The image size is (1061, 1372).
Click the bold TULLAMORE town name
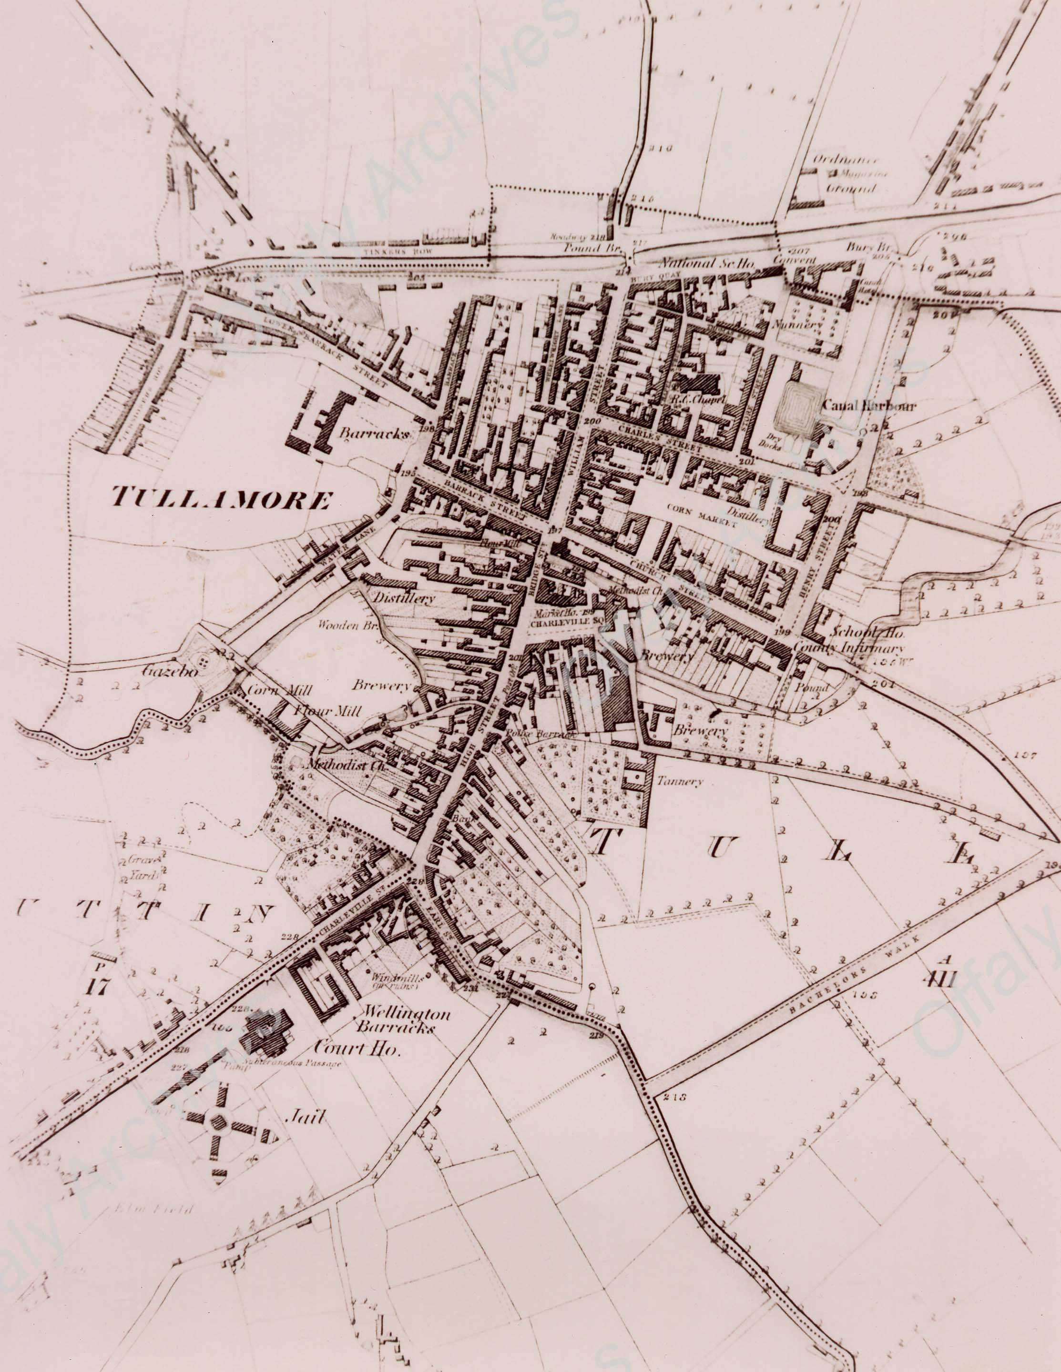pos(221,499)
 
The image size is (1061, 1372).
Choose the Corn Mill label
pos(270,689)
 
